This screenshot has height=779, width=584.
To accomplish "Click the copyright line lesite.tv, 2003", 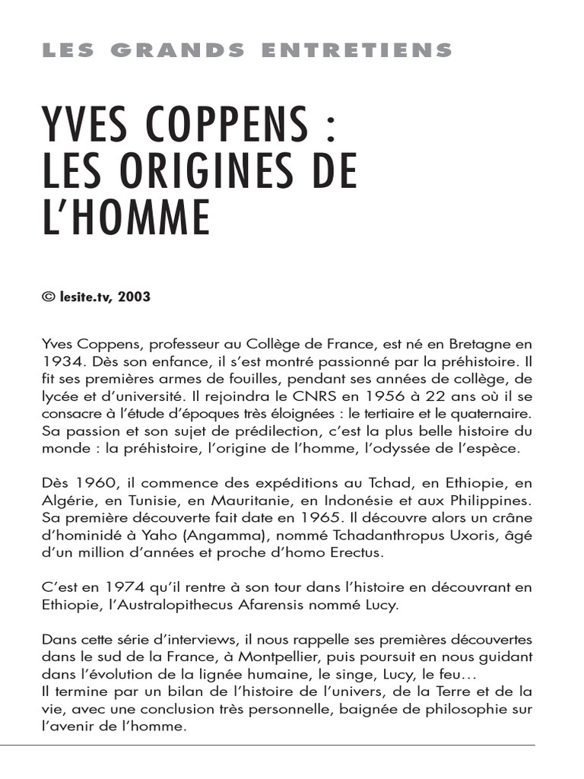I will point(96,297).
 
